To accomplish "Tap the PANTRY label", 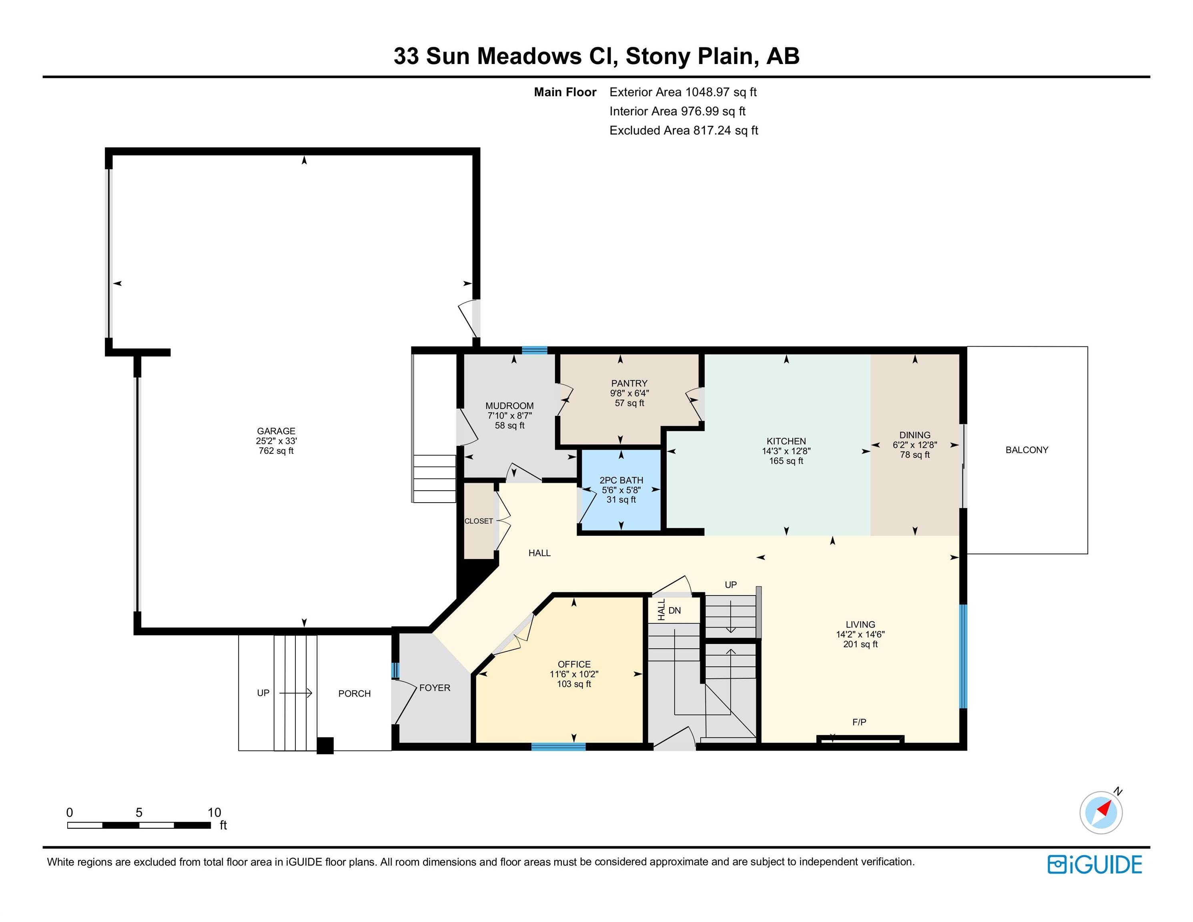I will click(x=629, y=383).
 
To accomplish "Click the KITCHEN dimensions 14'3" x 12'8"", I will click(x=786, y=451).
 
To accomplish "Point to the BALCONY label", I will click(x=1027, y=450).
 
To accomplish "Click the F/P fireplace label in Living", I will click(x=859, y=722).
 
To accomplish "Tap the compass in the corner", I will click(x=1101, y=812).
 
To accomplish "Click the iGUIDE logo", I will click(x=1095, y=865).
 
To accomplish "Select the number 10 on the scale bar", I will click(x=214, y=812).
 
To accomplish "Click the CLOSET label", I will click(x=479, y=521).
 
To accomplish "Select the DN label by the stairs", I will click(x=675, y=611).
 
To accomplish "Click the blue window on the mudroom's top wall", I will click(x=534, y=351).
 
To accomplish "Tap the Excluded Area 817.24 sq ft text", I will click(x=684, y=130).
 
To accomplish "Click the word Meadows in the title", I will click(x=529, y=56).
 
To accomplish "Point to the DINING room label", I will click(x=914, y=435).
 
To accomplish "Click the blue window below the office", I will click(x=558, y=747).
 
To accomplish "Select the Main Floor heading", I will click(x=565, y=92).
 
